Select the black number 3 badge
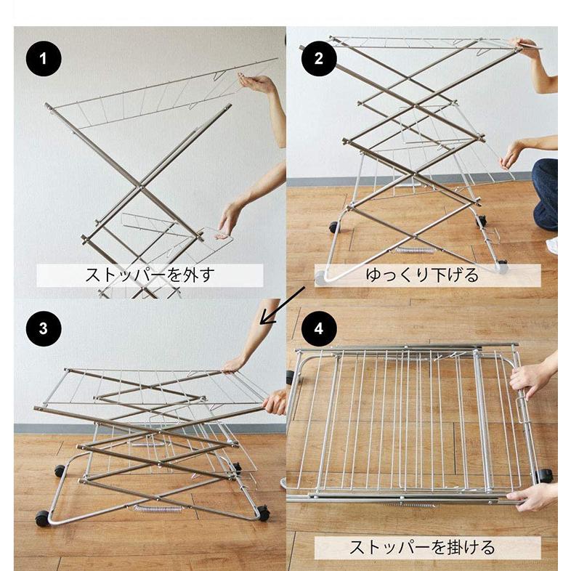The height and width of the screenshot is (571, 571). (x=46, y=328)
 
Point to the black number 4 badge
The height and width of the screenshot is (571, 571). (x=318, y=328)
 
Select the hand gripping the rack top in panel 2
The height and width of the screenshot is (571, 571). (x=527, y=47)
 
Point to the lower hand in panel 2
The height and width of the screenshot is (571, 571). (x=511, y=154)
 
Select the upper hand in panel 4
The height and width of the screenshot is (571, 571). (x=529, y=378)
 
